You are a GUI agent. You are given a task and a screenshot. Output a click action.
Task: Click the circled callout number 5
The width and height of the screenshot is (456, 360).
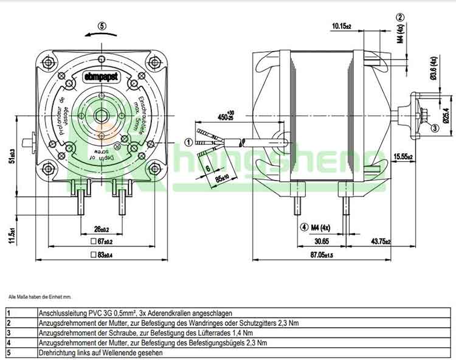coord(102,26)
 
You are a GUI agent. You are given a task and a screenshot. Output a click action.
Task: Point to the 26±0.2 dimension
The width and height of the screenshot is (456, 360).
coord(102,229)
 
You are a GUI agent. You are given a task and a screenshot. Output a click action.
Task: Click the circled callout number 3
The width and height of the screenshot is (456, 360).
coord(435,128)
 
